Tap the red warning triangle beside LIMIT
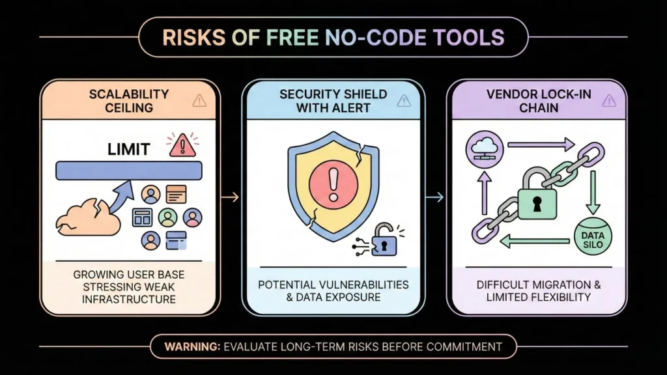pyautogui.click(x=182, y=145)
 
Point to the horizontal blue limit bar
pyautogui.click(x=128, y=170)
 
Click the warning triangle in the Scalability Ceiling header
pyautogui.click(x=199, y=100)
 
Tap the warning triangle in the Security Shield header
pyautogui.click(x=404, y=100)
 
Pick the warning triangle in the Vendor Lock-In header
pyautogui.click(x=609, y=100)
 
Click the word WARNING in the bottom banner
pyautogui.click(x=192, y=346)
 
